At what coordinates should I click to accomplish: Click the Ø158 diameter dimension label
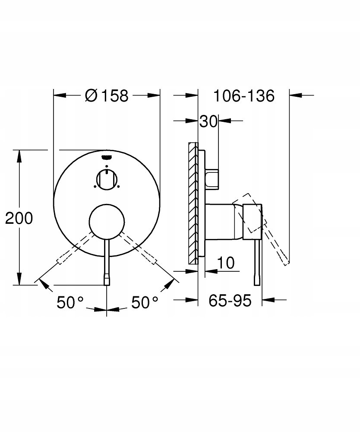pyautogui.click(x=107, y=95)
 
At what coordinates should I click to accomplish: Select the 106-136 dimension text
pyautogui.click(x=244, y=96)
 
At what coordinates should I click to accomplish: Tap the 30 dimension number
pyautogui.click(x=208, y=121)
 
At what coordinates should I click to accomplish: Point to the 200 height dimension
pyautogui.click(x=19, y=218)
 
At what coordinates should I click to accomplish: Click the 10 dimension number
pyautogui.click(x=226, y=263)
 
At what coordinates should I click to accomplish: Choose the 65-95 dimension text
pyautogui.click(x=230, y=300)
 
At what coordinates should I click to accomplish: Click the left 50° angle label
pyautogui.click(x=70, y=302)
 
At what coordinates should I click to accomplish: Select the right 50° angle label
pyautogui.click(x=145, y=302)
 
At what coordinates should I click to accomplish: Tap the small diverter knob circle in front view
pyautogui.click(x=107, y=179)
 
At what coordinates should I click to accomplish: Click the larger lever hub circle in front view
pyautogui.click(x=107, y=222)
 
